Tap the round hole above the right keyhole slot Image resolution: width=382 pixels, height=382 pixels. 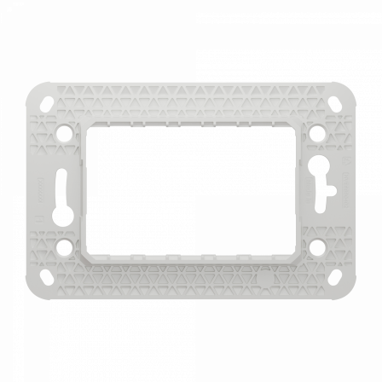[x=316, y=135]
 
